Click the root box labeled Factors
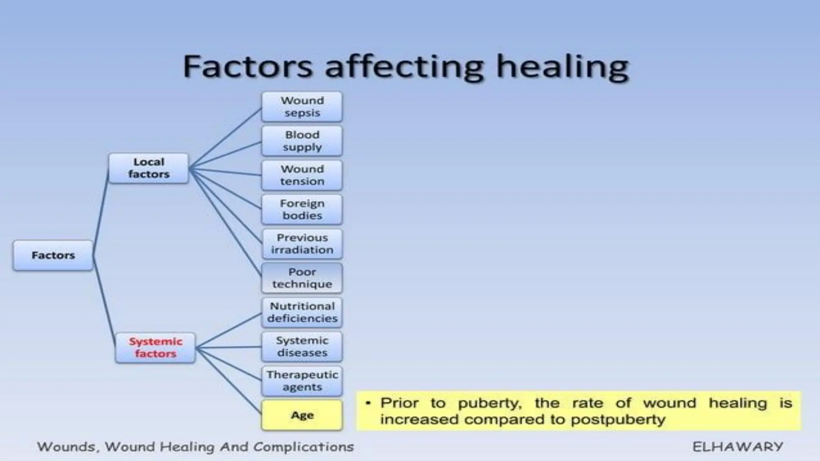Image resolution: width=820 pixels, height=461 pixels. (53, 255)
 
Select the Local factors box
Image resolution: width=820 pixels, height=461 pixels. (149, 168)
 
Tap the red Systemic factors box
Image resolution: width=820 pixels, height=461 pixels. (155, 347)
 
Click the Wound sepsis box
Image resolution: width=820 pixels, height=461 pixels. (302, 106)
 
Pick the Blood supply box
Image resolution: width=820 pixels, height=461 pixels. (302, 141)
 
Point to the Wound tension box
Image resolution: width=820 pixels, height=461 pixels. (302, 175)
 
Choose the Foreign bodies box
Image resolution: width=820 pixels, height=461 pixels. (302, 209)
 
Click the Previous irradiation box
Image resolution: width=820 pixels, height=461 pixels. (302, 244)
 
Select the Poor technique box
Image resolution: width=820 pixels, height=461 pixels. (302, 278)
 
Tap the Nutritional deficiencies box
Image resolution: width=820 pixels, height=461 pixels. (302, 312)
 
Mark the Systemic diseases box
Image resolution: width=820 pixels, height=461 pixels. (302, 347)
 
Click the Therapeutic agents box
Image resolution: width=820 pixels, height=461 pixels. (302, 381)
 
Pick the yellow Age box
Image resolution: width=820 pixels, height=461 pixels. (302, 415)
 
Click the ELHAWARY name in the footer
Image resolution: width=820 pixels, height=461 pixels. (738, 447)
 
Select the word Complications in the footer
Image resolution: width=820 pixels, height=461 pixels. (303, 447)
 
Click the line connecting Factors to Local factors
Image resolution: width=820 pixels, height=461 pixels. (101, 212)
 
